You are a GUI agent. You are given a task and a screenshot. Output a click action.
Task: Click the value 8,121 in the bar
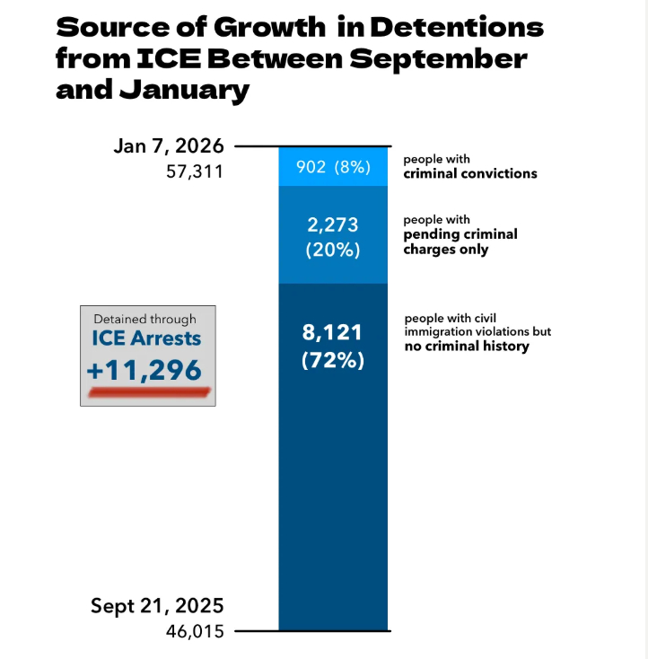pyautogui.click(x=333, y=333)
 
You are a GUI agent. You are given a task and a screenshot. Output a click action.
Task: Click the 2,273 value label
pyautogui.click(x=333, y=225)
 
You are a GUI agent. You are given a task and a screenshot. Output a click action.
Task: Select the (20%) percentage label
pyautogui.click(x=333, y=250)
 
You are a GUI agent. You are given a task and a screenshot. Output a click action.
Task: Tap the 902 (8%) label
pyautogui.click(x=333, y=166)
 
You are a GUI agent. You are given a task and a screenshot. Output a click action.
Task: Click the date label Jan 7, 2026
pyautogui.click(x=169, y=146)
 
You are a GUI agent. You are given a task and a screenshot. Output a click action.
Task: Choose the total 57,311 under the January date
pyautogui.click(x=195, y=171)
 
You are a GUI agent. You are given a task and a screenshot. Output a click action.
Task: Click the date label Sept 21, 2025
pyautogui.click(x=157, y=606)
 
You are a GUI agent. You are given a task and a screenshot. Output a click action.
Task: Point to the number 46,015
pyautogui.click(x=195, y=631)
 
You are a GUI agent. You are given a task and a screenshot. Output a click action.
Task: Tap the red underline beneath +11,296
pyautogui.click(x=148, y=391)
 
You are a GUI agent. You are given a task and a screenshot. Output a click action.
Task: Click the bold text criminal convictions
pyautogui.click(x=469, y=172)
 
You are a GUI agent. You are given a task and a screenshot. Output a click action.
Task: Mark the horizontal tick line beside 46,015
pyautogui.click(x=257, y=631)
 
